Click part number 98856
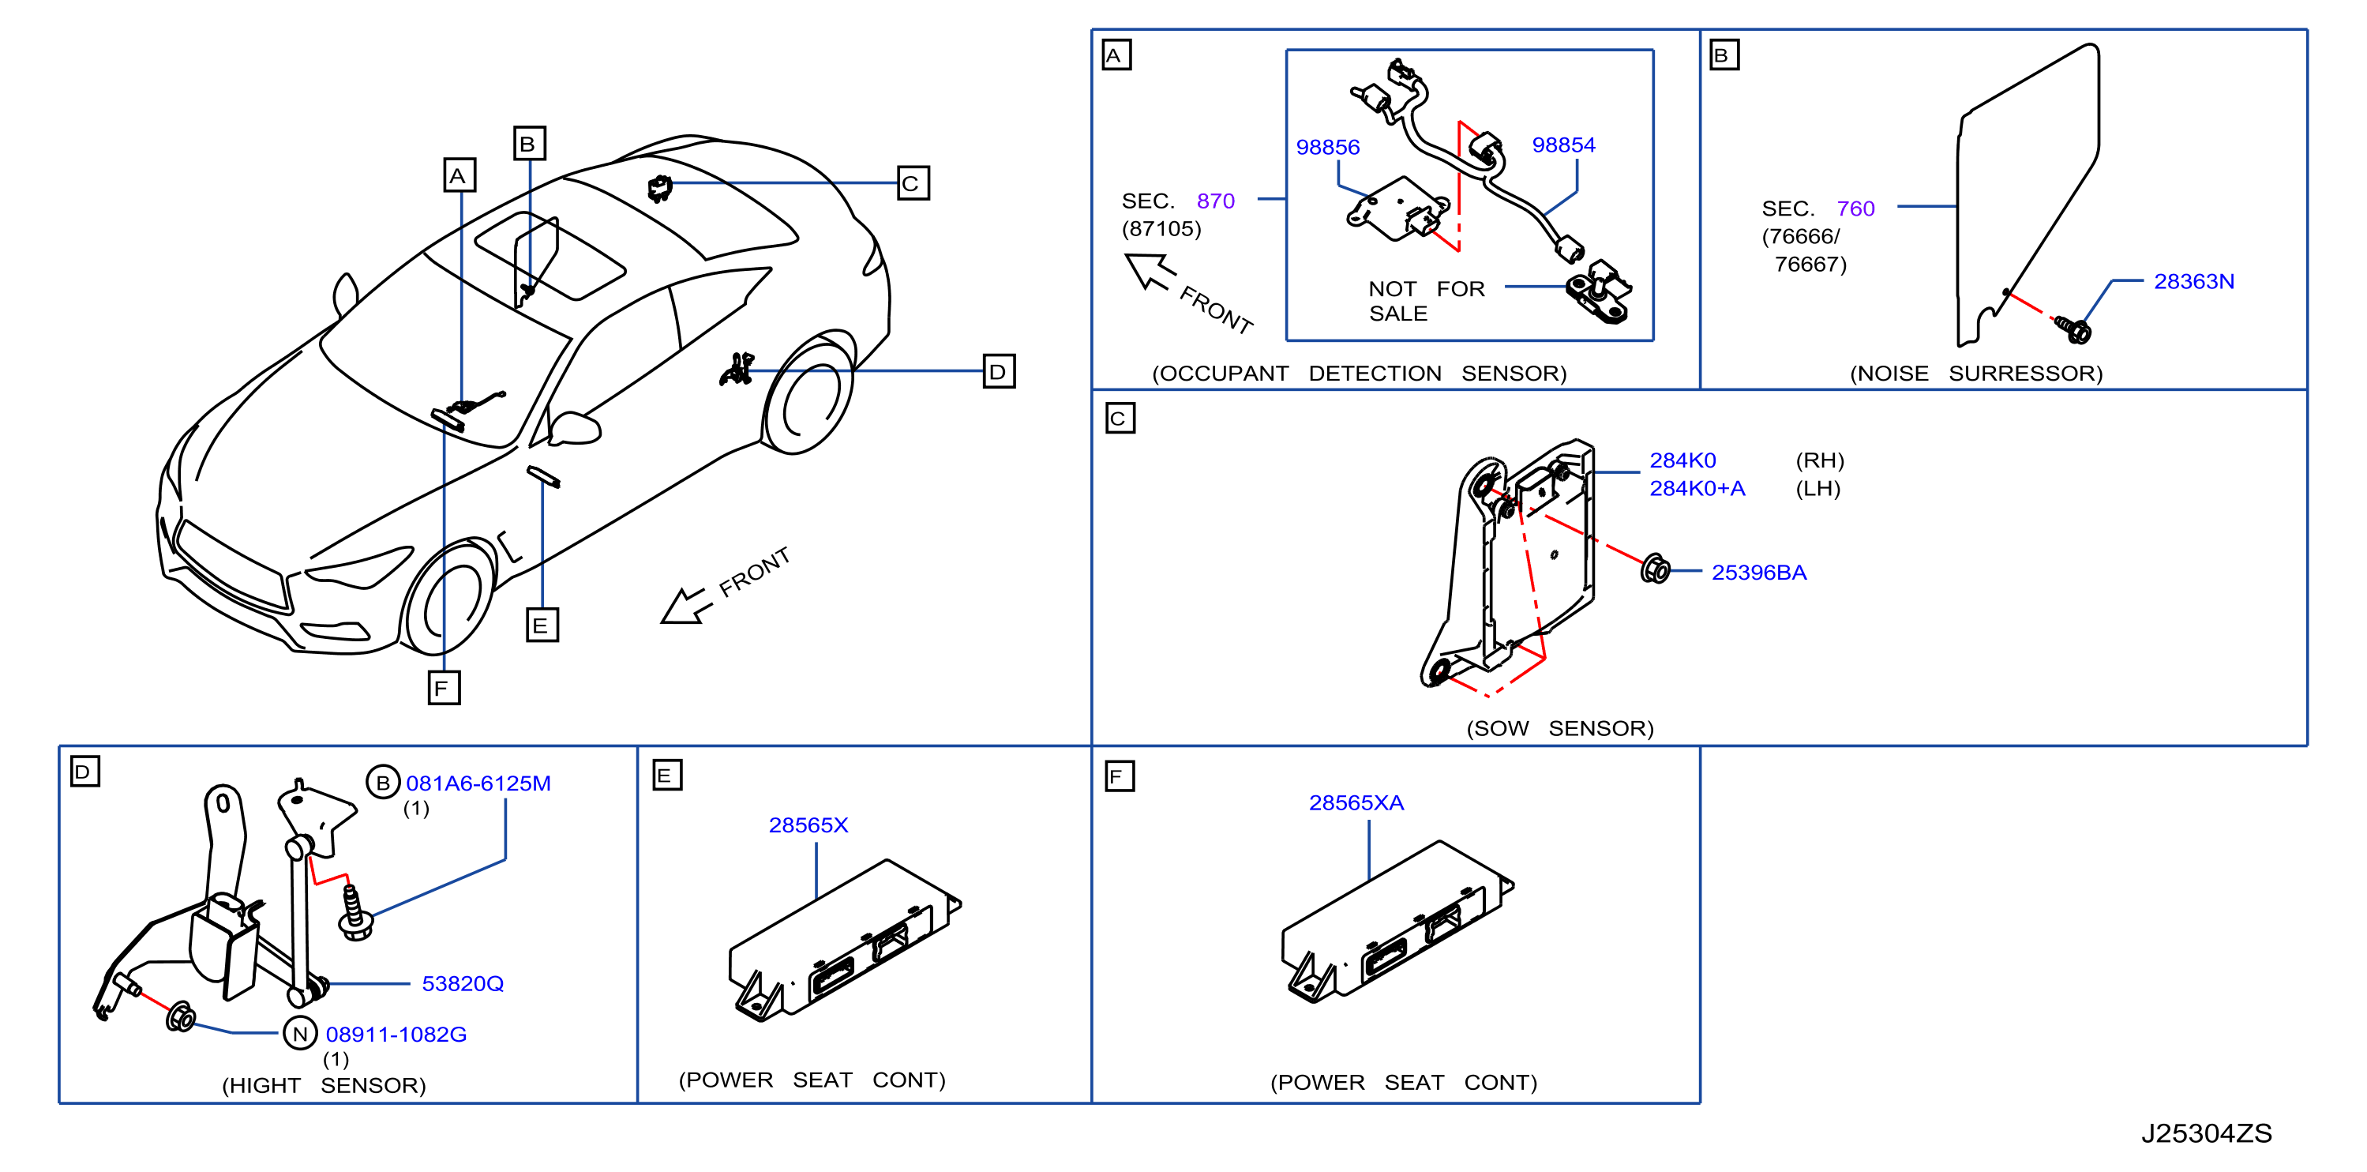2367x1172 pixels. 1328,147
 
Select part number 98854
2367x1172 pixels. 1563,145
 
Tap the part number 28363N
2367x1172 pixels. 2193,281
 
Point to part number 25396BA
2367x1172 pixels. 1759,573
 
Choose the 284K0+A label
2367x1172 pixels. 1697,488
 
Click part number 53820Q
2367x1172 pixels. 462,983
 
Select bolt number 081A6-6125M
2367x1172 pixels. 478,783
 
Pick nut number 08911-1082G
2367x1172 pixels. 396,1034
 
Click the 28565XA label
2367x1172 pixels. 1356,802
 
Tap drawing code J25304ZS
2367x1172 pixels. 2206,1133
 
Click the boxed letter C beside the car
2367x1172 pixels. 913,183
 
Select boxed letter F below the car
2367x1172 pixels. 444,688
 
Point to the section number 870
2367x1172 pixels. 1216,201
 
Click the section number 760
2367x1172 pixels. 1855,208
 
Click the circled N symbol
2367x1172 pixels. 299,1034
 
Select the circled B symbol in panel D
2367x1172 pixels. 383,782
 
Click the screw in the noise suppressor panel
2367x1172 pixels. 2073,329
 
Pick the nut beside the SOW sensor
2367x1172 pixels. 1656,569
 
